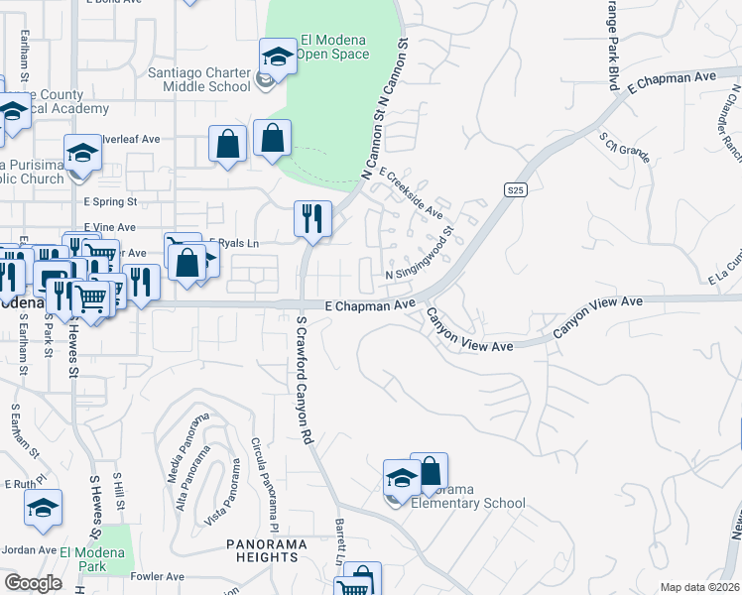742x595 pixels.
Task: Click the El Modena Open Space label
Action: point(326,47)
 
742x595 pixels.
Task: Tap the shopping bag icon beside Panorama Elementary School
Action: point(429,473)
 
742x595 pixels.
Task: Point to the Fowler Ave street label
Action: point(160,576)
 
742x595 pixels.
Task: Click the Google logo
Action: point(34,583)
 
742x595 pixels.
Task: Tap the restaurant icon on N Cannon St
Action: point(313,220)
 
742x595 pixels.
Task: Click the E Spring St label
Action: point(110,200)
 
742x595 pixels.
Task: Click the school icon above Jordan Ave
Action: point(43,509)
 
